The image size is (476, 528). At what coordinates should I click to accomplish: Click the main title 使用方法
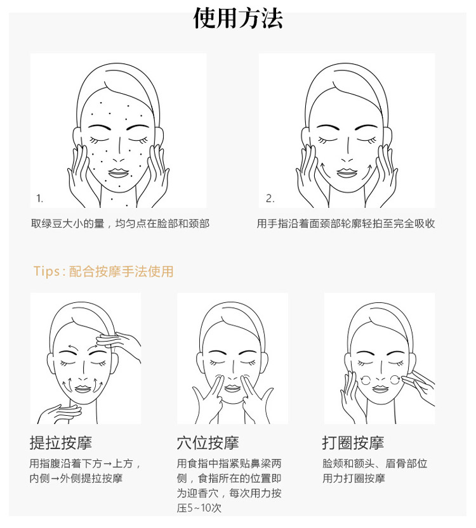(x=237, y=18)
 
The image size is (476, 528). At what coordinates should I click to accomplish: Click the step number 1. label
(x=40, y=198)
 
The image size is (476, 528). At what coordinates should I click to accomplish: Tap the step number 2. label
(x=270, y=198)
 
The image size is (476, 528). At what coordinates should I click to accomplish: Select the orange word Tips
(x=46, y=271)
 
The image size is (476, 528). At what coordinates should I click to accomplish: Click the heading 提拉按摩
(x=61, y=442)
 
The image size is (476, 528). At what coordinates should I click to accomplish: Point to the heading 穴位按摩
(x=208, y=442)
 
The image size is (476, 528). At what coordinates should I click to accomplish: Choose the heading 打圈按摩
(x=353, y=442)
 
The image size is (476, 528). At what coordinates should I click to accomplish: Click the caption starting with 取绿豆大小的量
(x=120, y=224)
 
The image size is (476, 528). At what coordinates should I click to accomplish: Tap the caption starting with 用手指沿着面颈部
(x=345, y=224)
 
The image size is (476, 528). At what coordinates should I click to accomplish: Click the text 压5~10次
(x=199, y=508)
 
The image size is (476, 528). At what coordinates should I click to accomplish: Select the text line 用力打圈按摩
(x=354, y=478)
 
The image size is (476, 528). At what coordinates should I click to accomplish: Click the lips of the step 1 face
(x=117, y=173)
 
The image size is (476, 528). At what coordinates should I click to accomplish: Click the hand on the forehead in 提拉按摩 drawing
(x=118, y=342)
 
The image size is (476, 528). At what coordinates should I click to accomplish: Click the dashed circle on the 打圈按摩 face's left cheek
(x=366, y=380)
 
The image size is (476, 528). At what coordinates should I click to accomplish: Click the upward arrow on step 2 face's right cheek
(x=369, y=169)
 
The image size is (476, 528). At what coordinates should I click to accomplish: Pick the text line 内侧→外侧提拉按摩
(x=76, y=478)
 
